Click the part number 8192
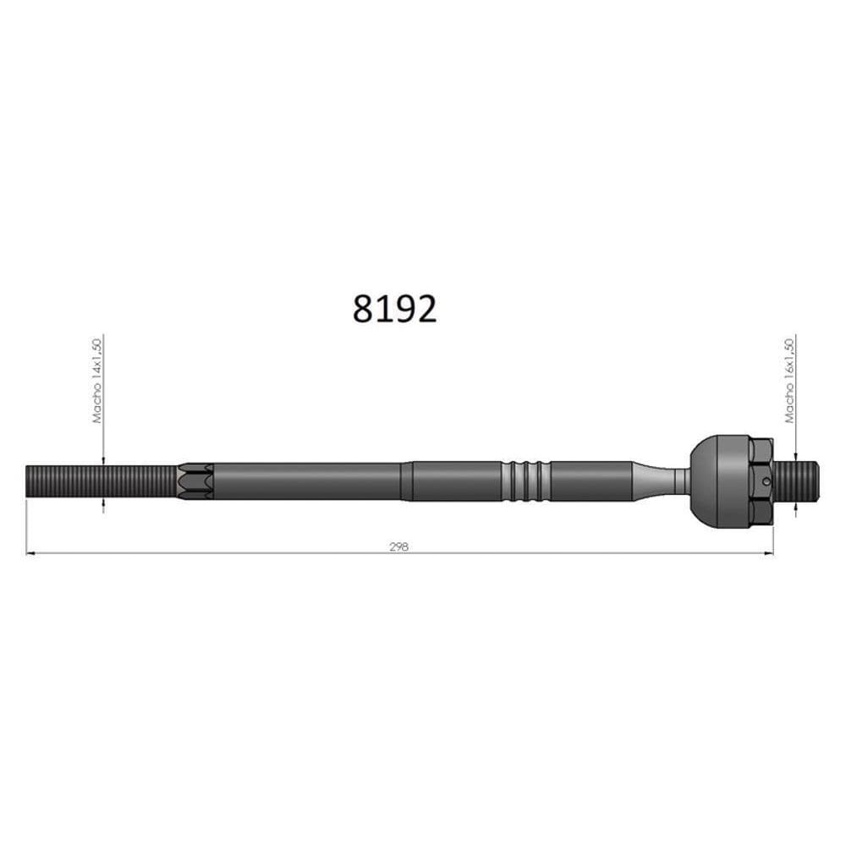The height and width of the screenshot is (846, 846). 394,310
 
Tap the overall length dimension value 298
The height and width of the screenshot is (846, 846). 399,547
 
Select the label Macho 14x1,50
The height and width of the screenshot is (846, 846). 97,381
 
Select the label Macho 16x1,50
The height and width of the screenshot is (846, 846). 789,381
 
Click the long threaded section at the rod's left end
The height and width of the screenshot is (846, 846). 102,481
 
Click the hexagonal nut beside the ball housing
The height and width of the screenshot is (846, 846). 761,481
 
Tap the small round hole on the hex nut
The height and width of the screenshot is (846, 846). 766,482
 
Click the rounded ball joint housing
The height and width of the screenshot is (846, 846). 718,481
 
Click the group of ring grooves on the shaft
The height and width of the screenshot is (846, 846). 525,481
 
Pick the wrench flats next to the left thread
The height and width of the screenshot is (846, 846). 195,481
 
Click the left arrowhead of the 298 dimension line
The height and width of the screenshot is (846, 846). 30,553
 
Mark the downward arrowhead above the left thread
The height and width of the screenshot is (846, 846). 103,460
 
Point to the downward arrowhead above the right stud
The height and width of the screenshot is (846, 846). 795,456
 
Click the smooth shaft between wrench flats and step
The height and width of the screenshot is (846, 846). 305,481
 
